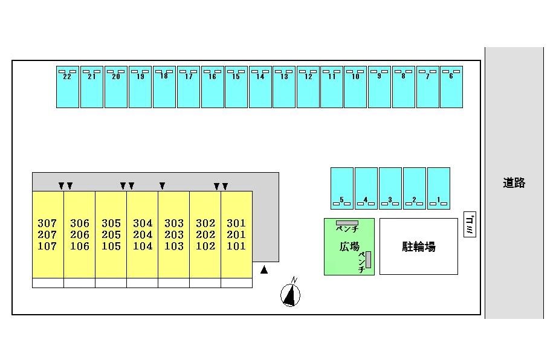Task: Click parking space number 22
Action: pyautogui.click(x=67, y=87)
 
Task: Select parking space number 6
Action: pyautogui.click(x=451, y=87)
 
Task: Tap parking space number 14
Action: pyautogui.click(x=260, y=87)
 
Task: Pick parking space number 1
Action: pyautogui.click(x=439, y=188)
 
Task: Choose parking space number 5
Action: pyautogui.click(x=342, y=188)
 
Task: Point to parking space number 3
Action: pyautogui.click(x=390, y=188)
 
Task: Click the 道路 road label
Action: pyautogui.click(x=514, y=183)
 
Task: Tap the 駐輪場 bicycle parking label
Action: pyautogui.click(x=419, y=246)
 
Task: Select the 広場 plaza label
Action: pyautogui.click(x=349, y=246)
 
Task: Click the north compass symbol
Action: pyautogui.click(x=291, y=293)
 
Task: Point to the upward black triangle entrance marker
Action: pyautogui.click(x=264, y=270)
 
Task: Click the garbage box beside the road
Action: pyautogui.click(x=470, y=224)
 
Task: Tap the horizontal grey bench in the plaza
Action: pyautogui.click(x=347, y=223)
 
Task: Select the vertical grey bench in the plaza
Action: pyautogui.click(x=368, y=260)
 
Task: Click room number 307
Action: pyautogui.click(x=47, y=223)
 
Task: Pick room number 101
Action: pyautogui.click(x=236, y=246)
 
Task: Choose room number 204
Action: pyautogui.click(x=143, y=235)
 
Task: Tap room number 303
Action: pyautogui.click(x=174, y=223)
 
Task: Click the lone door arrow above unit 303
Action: pyautogui.click(x=162, y=185)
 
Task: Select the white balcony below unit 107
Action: pyautogui.click(x=48, y=283)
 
